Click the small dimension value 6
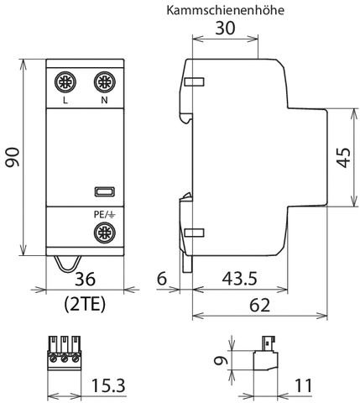click(x=163, y=278)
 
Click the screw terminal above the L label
click(x=65, y=83)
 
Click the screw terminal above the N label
click(x=103, y=83)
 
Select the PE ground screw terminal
click(x=103, y=232)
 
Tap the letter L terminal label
click(x=65, y=102)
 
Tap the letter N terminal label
click(x=103, y=102)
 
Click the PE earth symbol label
click(x=103, y=214)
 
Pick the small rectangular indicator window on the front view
click(x=103, y=192)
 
